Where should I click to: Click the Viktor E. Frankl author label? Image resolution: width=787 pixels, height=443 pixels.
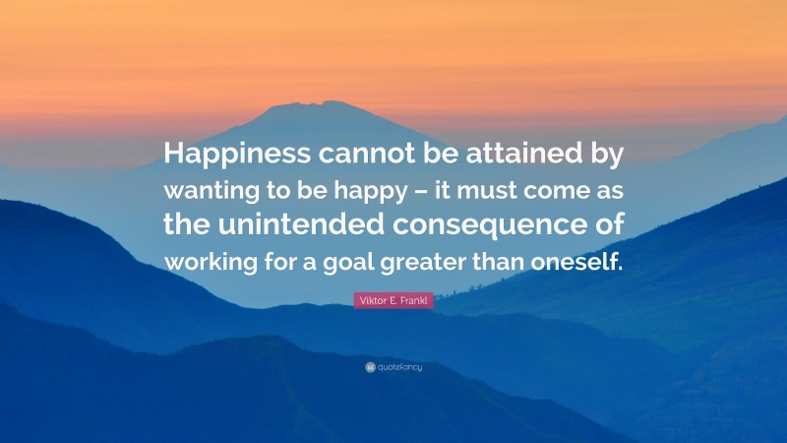tap(393, 300)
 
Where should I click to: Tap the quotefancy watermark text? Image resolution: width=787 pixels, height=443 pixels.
tap(399, 367)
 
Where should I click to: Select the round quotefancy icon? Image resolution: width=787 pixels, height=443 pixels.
tap(370, 367)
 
